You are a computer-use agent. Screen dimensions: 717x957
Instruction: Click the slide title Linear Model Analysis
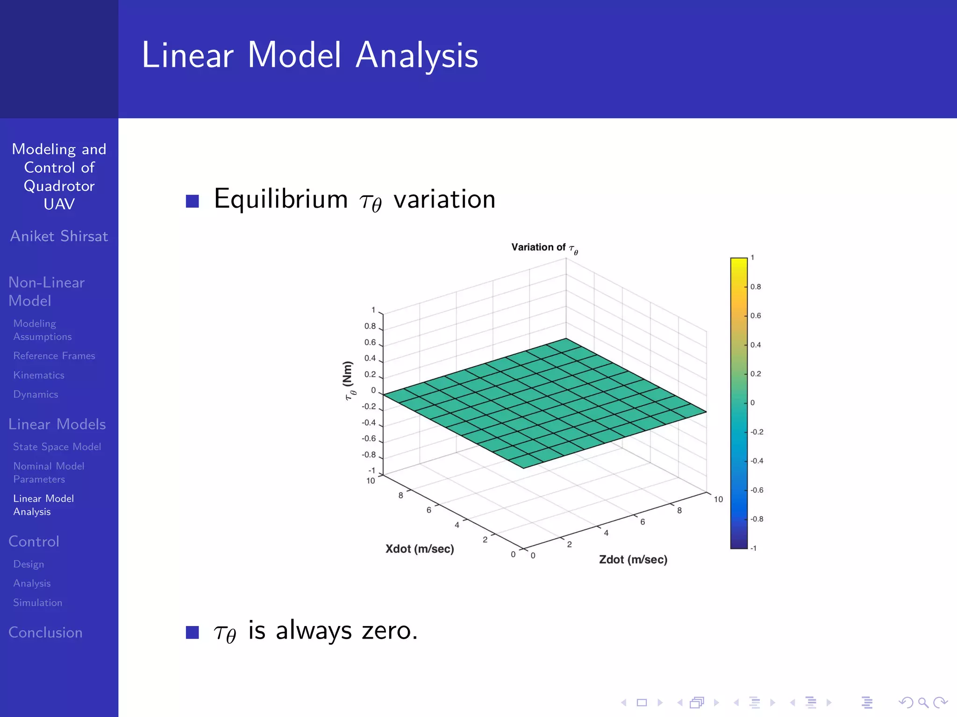310,55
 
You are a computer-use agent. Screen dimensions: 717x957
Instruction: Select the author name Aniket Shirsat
59,236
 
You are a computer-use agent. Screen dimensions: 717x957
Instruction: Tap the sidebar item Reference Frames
54,356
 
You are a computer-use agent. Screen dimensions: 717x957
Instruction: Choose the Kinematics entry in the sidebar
39,375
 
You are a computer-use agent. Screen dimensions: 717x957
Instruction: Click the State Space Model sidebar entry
57,447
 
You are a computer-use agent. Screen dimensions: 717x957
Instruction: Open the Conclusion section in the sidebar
45,633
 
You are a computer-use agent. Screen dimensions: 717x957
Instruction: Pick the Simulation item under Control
37,603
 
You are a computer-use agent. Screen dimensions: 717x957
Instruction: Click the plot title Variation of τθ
544,248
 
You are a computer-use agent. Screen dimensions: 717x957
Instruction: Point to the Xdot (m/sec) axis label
420,549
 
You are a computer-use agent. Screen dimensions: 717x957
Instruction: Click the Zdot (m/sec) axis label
633,560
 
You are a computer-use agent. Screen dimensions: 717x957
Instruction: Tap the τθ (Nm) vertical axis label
349,380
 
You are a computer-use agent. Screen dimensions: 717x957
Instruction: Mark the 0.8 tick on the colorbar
756,287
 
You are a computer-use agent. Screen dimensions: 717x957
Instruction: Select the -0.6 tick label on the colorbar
757,490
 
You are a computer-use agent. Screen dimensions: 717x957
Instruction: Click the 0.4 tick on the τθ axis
370,358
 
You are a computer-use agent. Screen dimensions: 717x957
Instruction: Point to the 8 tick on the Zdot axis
679,511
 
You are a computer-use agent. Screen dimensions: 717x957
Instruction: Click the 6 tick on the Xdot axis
429,510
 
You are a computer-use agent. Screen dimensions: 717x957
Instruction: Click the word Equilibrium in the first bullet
281,199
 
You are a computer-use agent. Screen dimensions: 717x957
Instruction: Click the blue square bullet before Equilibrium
193,201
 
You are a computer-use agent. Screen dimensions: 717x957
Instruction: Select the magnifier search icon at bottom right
923,703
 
